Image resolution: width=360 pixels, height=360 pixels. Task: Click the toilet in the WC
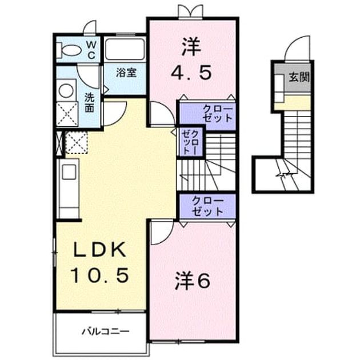tap(69, 51)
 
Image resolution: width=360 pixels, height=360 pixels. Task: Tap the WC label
tap(91, 50)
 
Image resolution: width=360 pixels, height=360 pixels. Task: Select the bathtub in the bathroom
tap(125, 50)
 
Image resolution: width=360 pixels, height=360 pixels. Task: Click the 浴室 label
tap(126, 73)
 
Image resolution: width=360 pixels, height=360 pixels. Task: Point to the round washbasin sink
tap(66, 90)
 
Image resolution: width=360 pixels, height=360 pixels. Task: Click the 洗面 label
tap(89, 102)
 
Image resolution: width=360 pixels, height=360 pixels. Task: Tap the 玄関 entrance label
tap(299, 77)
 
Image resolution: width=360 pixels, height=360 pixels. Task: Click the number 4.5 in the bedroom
tap(191, 73)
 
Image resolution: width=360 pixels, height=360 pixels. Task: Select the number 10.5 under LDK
tap(99, 276)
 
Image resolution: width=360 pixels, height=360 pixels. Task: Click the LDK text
tap(100, 250)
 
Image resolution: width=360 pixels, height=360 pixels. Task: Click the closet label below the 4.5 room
tap(217, 114)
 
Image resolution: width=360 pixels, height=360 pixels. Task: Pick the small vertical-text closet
tap(190, 142)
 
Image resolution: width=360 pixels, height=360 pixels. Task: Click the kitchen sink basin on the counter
tap(69, 172)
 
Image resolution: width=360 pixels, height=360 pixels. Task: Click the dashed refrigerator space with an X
tap(77, 142)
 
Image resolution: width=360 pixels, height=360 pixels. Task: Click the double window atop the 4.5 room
tap(190, 11)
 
